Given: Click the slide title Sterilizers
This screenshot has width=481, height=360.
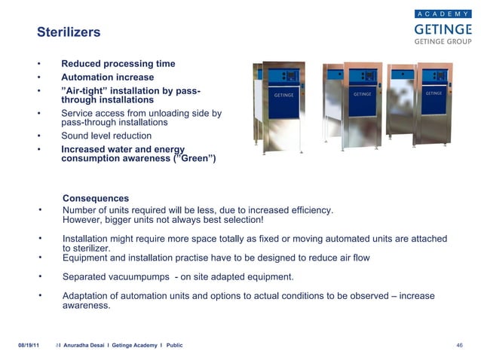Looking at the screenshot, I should click(x=69, y=33).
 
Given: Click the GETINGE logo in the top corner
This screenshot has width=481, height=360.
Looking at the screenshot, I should click(x=443, y=29).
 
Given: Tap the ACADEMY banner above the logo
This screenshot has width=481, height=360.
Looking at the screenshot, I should click(x=443, y=13).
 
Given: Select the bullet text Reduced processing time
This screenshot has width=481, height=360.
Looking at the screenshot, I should click(x=118, y=64).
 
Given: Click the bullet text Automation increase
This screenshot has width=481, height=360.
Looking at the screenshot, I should click(x=107, y=78).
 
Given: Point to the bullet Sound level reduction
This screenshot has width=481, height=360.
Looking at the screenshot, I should click(x=106, y=136).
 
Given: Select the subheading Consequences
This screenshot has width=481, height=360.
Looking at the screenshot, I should click(x=96, y=199).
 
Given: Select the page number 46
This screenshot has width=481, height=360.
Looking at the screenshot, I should click(x=459, y=345).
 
